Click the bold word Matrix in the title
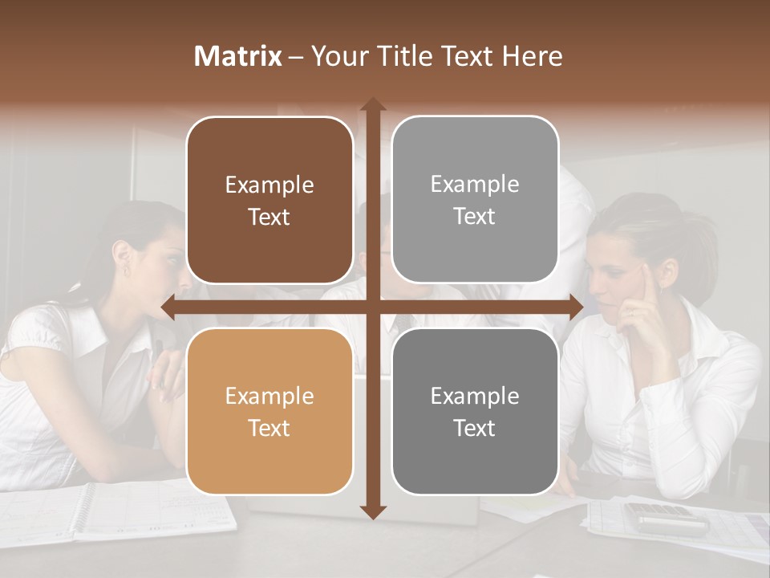pyautogui.click(x=238, y=56)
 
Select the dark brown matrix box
pyautogui.click(x=269, y=200)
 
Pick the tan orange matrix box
pyautogui.click(x=269, y=411)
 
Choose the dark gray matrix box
pyautogui.click(x=475, y=411)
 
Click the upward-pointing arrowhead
pyautogui.click(x=373, y=104)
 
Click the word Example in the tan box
pyautogui.click(x=269, y=396)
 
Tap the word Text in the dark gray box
pyautogui.click(x=475, y=428)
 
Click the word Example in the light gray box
pyautogui.click(x=475, y=184)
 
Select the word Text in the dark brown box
pyautogui.click(x=269, y=217)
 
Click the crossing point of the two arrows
pyautogui.click(x=373, y=307)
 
